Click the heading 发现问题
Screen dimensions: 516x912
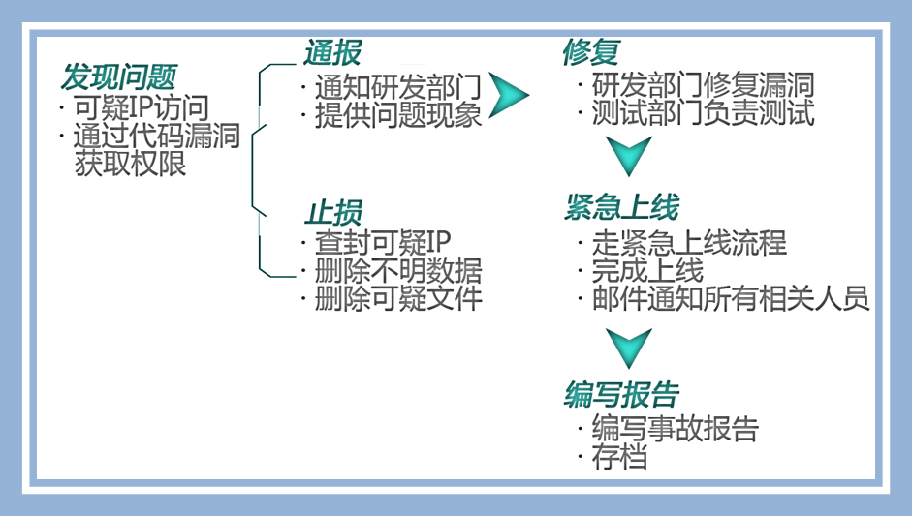point(119,76)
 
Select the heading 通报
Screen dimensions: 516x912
point(333,53)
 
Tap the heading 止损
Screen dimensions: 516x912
point(333,212)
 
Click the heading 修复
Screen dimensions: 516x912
point(590,53)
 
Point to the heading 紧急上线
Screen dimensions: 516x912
point(621,207)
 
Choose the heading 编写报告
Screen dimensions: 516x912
point(621,395)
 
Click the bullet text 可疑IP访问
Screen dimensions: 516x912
point(141,107)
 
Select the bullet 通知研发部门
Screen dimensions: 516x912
point(397,86)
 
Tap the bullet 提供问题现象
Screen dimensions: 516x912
point(397,116)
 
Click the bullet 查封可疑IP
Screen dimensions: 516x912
point(383,241)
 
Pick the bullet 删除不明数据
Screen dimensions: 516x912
point(397,269)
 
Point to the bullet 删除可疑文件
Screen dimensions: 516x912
point(397,298)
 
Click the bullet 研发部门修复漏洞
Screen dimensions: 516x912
point(702,84)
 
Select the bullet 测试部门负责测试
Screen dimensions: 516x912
point(702,113)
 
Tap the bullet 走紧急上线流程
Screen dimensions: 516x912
point(688,242)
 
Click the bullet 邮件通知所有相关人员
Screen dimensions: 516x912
point(730,298)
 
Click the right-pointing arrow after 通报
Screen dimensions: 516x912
point(507,95)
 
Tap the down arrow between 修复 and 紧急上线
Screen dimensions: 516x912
point(628,155)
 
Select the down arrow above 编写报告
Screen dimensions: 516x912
point(628,347)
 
